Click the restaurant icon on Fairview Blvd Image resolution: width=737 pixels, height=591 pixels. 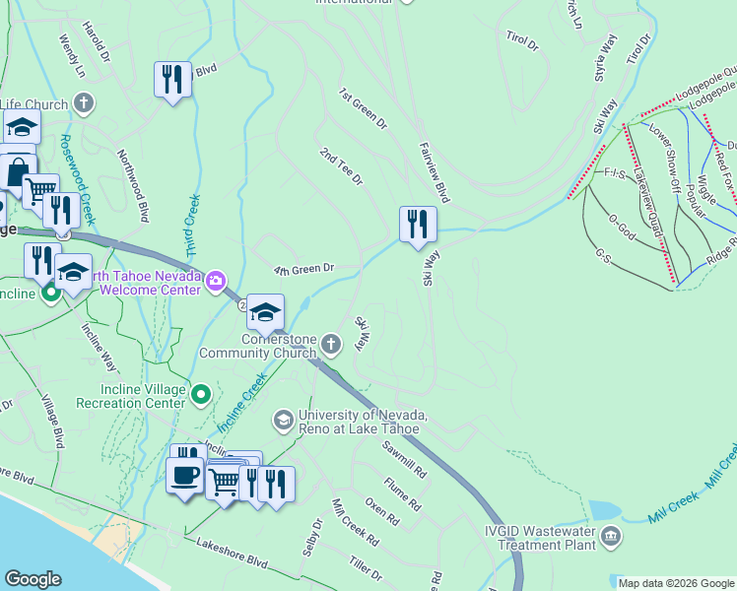tap(418, 224)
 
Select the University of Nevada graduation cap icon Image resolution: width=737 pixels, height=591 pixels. tap(283, 421)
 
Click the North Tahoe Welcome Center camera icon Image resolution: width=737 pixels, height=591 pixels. tap(216, 283)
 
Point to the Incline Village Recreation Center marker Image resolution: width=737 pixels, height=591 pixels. tap(201, 396)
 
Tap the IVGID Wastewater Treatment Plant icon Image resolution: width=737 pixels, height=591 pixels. tap(611, 537)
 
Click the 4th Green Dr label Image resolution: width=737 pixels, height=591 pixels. tap(304, 268)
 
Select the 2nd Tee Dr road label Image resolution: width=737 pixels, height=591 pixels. tap(342, 166)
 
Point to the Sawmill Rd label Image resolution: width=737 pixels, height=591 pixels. tap(405, 458)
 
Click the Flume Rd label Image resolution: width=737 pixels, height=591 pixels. tap(404, 492)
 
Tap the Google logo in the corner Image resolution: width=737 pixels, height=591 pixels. tap(33, 579)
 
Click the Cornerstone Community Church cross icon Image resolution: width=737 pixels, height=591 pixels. tap(332, 344)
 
